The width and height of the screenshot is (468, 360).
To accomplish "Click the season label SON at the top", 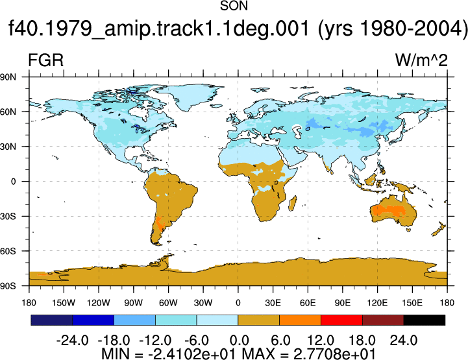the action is pos(234,6).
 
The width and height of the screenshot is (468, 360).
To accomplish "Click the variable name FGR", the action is pos(45,60).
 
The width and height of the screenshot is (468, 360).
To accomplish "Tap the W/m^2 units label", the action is pos(421,60).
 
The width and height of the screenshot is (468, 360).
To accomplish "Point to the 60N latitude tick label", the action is pos(8,112).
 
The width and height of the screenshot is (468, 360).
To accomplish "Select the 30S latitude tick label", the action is pos(8,216).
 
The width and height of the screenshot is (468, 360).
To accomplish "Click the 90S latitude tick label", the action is pos(8,286).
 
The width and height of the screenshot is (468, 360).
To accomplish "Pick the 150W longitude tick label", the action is pos(64,303).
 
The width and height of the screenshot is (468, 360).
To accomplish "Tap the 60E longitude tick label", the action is pos(308,303).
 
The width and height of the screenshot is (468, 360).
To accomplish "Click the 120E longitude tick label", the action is pos(377,303).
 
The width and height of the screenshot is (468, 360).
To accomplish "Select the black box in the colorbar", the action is pos(424,320).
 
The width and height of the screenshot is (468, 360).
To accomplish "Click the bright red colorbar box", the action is pos(341,320).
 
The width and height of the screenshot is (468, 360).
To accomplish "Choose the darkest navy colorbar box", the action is pos(52,320).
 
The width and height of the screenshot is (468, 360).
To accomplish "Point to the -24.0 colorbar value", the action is pos(72,341).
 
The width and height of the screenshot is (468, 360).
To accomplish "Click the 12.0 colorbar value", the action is pos(321,341).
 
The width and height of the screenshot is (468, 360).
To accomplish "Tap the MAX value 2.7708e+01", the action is pos(334,354).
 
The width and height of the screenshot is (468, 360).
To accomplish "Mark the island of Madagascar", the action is pos(293,203).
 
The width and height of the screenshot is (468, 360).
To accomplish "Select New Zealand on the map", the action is pos(438,229).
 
